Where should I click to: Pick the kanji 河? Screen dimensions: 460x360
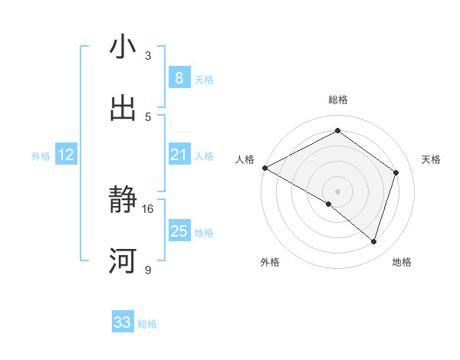(x=123, y=261)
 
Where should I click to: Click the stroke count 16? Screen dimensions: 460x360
(x=148, y=208)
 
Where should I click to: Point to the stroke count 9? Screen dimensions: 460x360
(x=148, y=270)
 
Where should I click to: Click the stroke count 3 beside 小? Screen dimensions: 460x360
(x=148, y=56)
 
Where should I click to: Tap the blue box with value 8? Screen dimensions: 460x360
(x=179, y=78)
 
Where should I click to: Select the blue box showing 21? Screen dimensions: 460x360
(x=179, y=155)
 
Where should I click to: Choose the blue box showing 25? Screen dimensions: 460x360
(x=179, y=231)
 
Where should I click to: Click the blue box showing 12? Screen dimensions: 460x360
(x=66, y=155)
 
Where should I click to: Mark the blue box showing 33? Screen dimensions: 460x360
(x=123, y=322)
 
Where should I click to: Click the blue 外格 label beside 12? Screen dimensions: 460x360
(x=41, y=156)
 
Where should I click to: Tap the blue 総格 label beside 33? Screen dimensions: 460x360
(x=147, y=324)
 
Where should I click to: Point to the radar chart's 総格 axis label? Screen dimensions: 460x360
(x=337, y=100)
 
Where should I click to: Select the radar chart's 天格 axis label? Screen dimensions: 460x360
(x=432, y=159)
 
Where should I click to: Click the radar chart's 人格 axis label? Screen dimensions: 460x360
(x=245, y=159)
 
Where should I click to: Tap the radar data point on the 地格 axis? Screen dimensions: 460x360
(x=373, y=241)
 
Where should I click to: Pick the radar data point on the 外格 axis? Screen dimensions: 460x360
(x=329, y=204)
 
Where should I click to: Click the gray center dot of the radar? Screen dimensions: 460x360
(x=337, y=191)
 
